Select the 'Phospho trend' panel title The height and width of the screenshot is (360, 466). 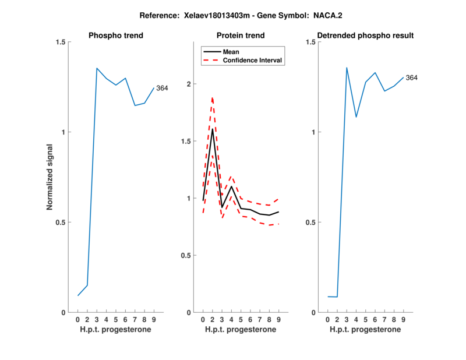(x=115, y=36)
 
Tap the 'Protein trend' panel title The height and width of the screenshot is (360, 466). (x=241, y=36)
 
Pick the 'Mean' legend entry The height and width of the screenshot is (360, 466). (x=231, y=51)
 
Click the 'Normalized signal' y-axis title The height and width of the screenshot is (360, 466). (x=50, y=177)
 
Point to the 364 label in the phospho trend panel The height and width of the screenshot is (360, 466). (x=162, y=88)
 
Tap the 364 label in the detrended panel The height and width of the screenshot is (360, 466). (x=412, y=77)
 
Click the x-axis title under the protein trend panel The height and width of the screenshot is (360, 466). (x=241, y=330)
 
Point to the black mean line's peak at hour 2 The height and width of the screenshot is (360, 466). (x=212, y=129)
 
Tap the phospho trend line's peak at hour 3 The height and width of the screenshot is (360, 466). (x=97, y=68)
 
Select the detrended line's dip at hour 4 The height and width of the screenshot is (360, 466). (x=356, y=117)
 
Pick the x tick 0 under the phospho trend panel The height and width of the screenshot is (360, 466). (x=78, y=320)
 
